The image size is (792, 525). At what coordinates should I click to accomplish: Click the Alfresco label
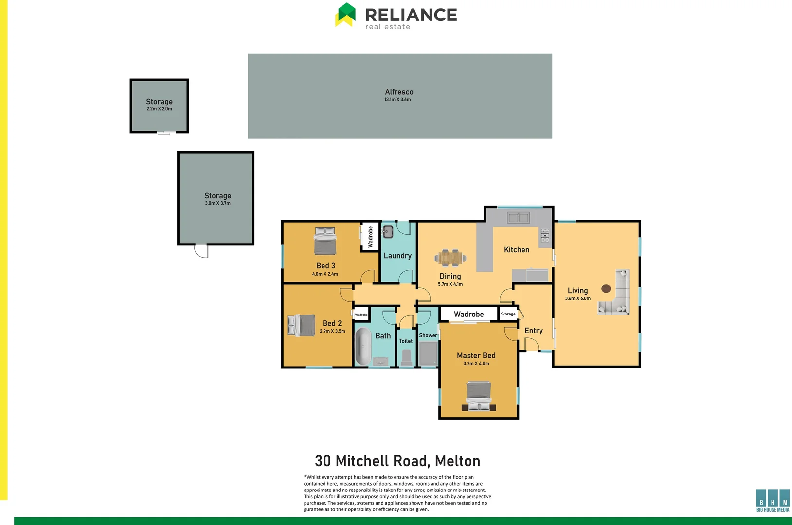pos(399,92)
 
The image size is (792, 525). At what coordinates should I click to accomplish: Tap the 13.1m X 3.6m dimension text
pos(397,100)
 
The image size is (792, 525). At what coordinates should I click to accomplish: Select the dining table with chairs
pos(450,258)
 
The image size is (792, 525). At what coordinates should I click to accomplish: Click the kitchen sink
pos(518,218)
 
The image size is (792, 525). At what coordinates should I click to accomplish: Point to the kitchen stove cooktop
pos(545,235)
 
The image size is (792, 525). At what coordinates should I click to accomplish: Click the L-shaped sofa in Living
pos(618,297)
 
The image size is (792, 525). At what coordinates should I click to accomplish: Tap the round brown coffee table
pos(606,289)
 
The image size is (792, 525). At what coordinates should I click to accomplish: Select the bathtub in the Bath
pos(362,346)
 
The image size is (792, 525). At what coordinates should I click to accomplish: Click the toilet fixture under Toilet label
pos(406,357)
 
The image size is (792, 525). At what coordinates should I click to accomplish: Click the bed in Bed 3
pos(325,241)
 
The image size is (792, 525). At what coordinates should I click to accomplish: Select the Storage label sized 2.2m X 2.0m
pos(159,102)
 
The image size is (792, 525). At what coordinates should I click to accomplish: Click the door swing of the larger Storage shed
pos(201,251)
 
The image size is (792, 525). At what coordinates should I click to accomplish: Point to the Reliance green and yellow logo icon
pos(345,15)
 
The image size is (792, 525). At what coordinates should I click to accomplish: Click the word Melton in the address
pos(457,461)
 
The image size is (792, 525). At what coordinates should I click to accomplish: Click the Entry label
pos(533,331)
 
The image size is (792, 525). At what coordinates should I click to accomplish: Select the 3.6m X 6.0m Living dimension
pos(577,298)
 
